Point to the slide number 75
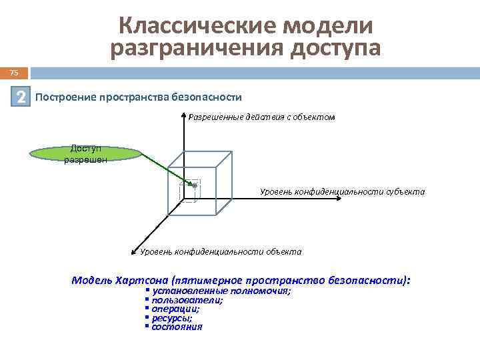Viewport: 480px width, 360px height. coord(14,73)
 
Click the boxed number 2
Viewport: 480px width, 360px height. coord(22,97)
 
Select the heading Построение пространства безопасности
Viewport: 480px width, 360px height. coord(138,97)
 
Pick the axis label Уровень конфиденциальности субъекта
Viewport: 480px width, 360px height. coord(342,192)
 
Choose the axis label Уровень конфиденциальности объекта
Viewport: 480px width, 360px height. coord(221,252)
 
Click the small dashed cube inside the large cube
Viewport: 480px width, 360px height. coord(191,191)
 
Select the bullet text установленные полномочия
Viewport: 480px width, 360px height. coord(221,291)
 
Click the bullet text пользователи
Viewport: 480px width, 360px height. coord(187,300)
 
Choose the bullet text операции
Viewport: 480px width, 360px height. coord(175,309)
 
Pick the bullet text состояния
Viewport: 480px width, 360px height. coord(177,327)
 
